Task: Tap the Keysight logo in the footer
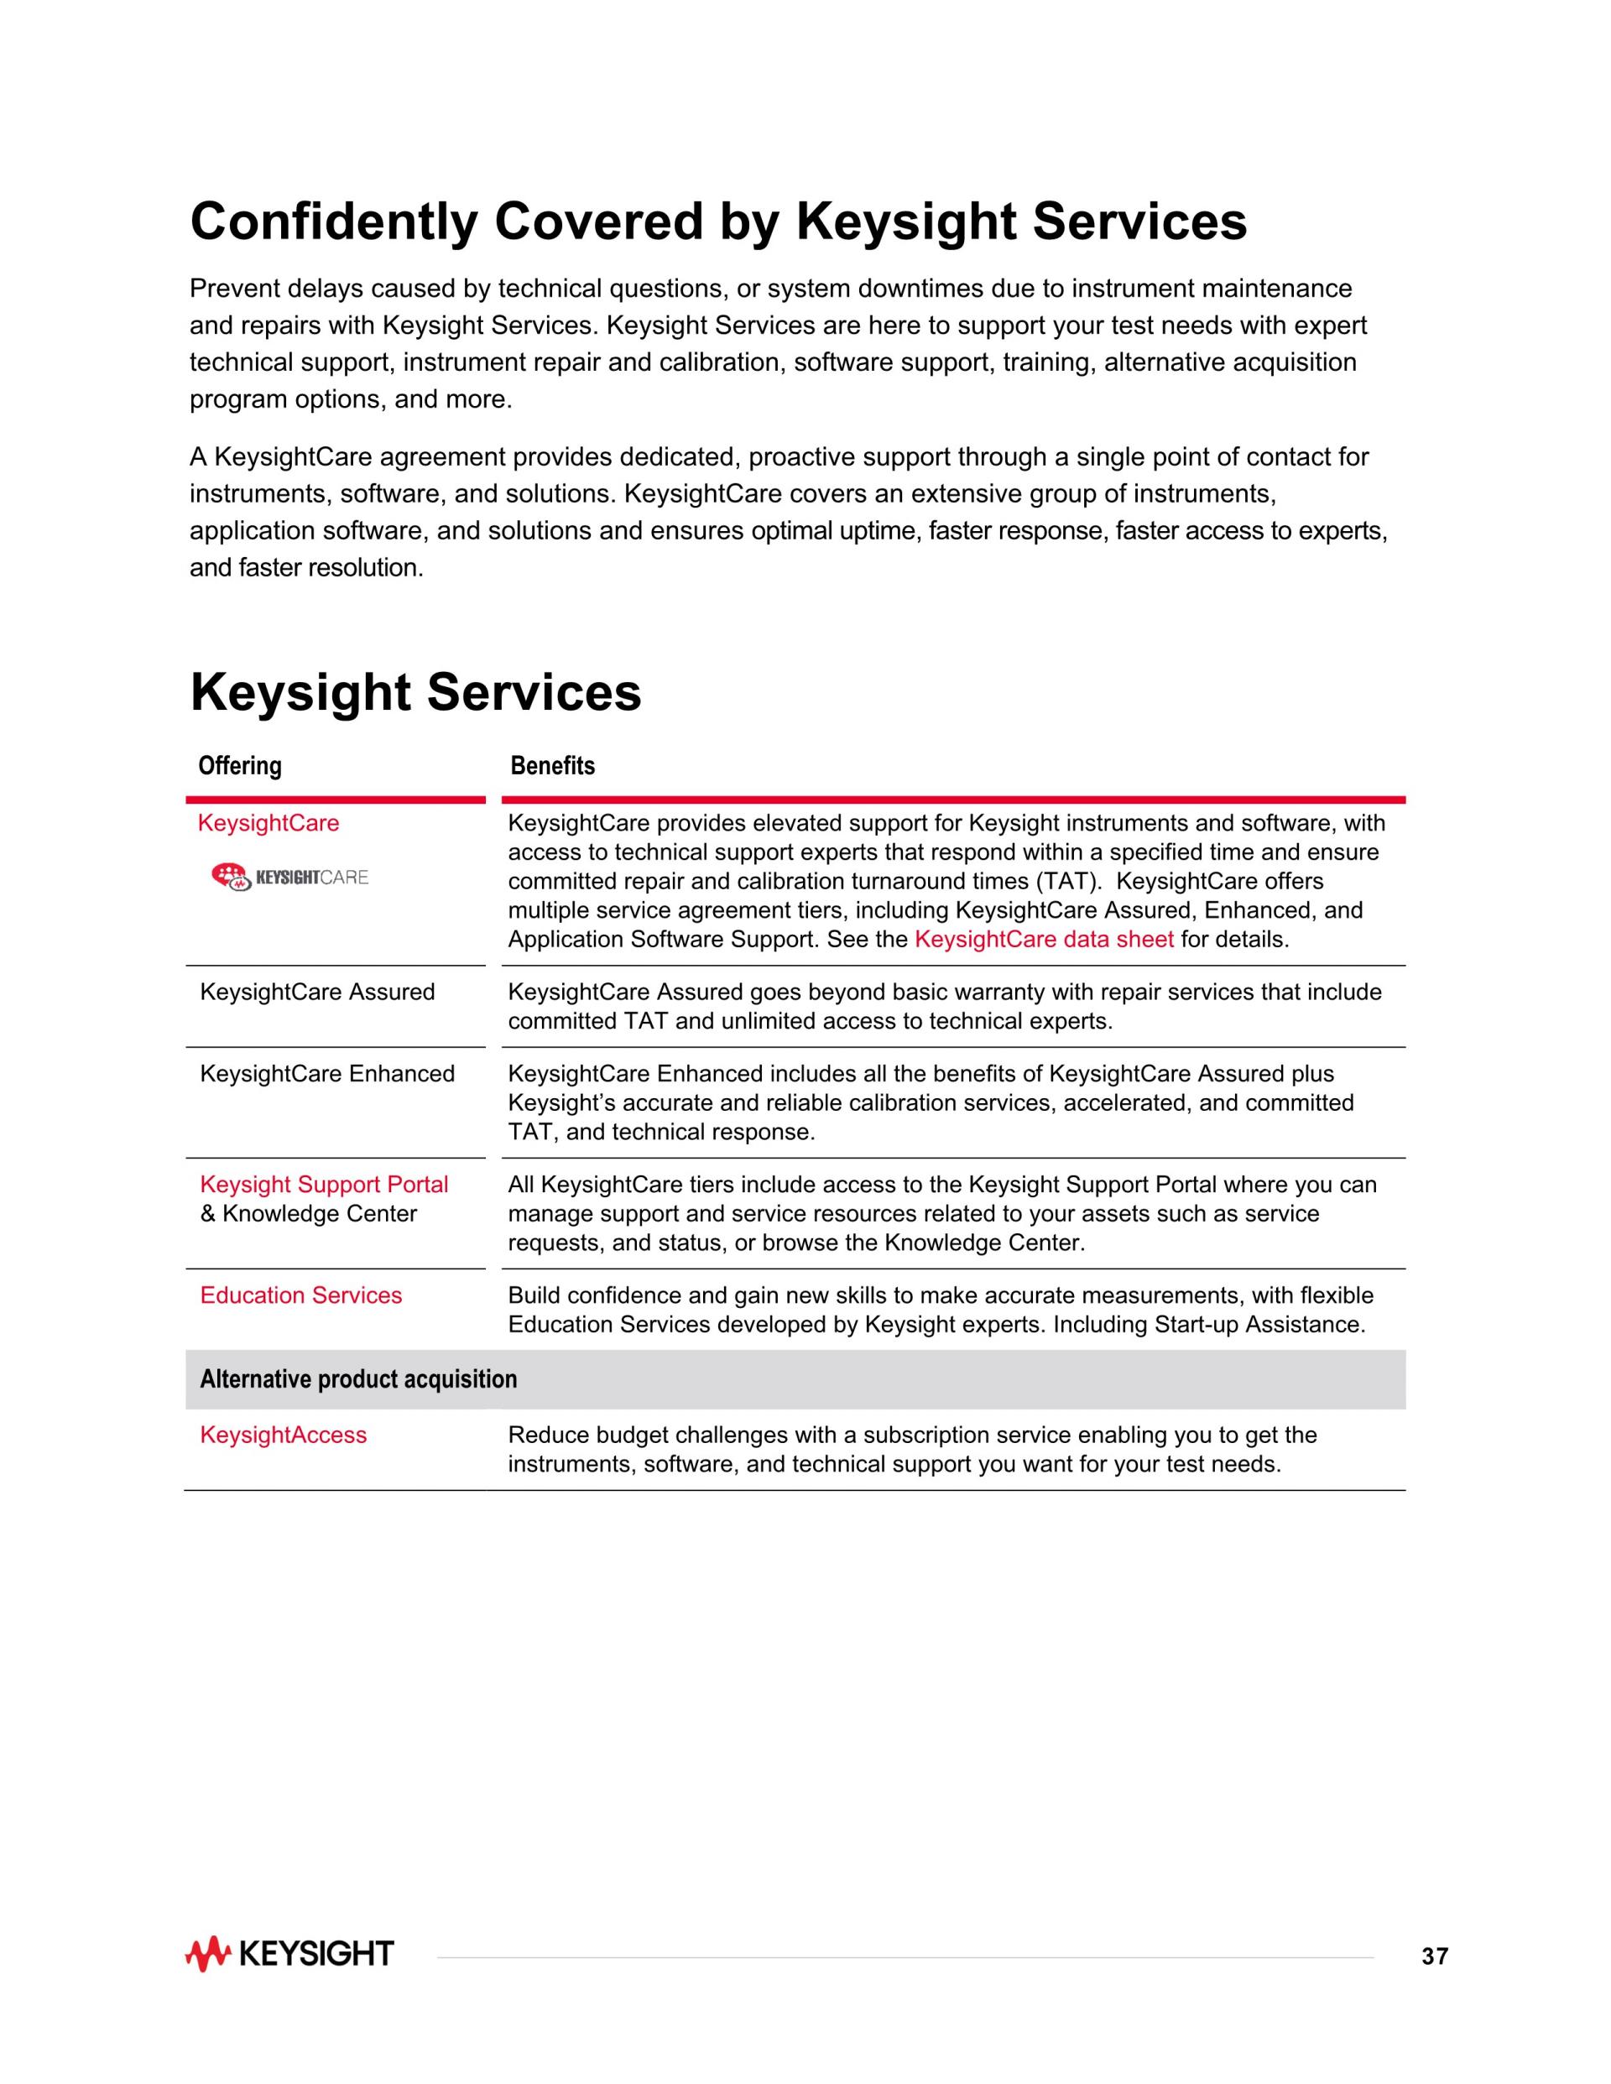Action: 289,1954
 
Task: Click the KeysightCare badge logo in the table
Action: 289,876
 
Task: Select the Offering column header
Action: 239,765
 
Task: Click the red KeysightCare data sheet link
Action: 1043,939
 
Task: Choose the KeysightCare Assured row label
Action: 317,992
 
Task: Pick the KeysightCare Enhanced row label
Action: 326,1074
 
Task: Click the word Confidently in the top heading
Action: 333,221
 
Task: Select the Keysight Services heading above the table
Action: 415,692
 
